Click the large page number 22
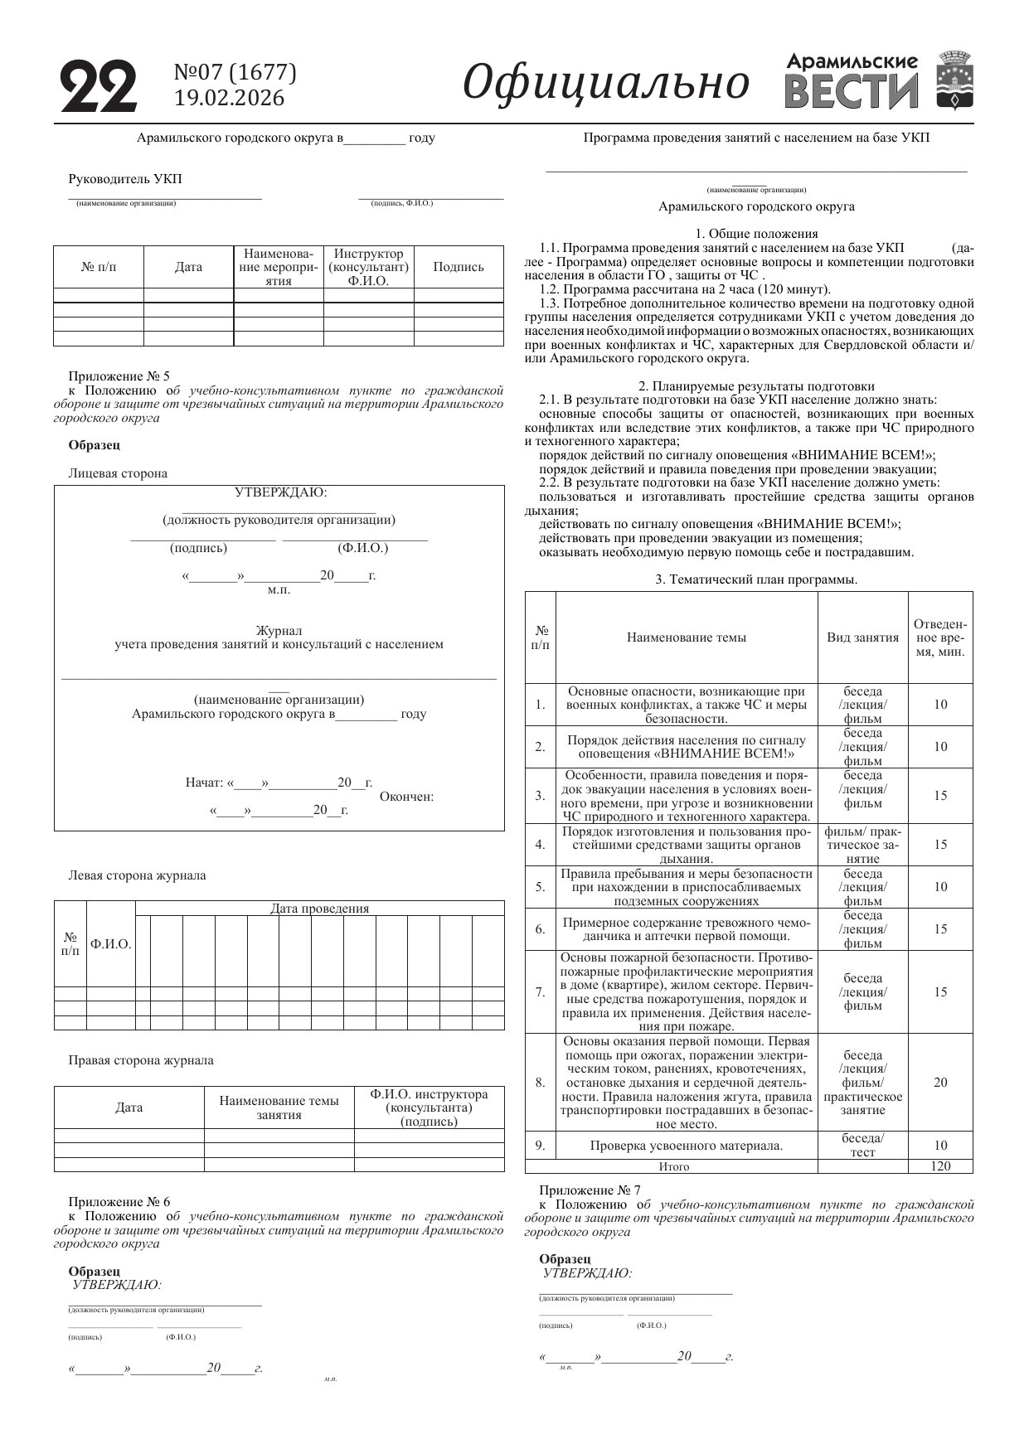pyautogui.click(x=99, y=86)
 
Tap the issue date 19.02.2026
pyautogui.click(x=229, y=99)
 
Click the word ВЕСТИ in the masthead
pyautogui.click(x=852, y=92)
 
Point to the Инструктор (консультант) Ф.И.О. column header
pyautogui.click(x=368, y=267)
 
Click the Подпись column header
pyautogui.click(x=459, y=267)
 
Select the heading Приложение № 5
pyautogui.click(x=119, y=376)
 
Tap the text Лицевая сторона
pyautogui.click(x=118, y=473)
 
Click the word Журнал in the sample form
pyautogui.click(x=279, y=631)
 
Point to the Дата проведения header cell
pyautogui.click(x=319, y=908)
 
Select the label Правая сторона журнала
pyautogui.click(x=140, y=1060)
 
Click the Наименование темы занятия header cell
pyautogui.click(x=279, y=1107)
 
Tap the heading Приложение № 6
pyautogui.click(x=119, y=1202)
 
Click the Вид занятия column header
pyautogui.click(x=862, y=637)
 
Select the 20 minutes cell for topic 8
pyautogui.click(x=940, y=1083)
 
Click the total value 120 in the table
pyautogui.click(x=940, y=1166)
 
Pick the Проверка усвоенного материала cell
pyautogui.click(x=686, y=1146)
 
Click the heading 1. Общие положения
pyautogui.click(x=756, y=234)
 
